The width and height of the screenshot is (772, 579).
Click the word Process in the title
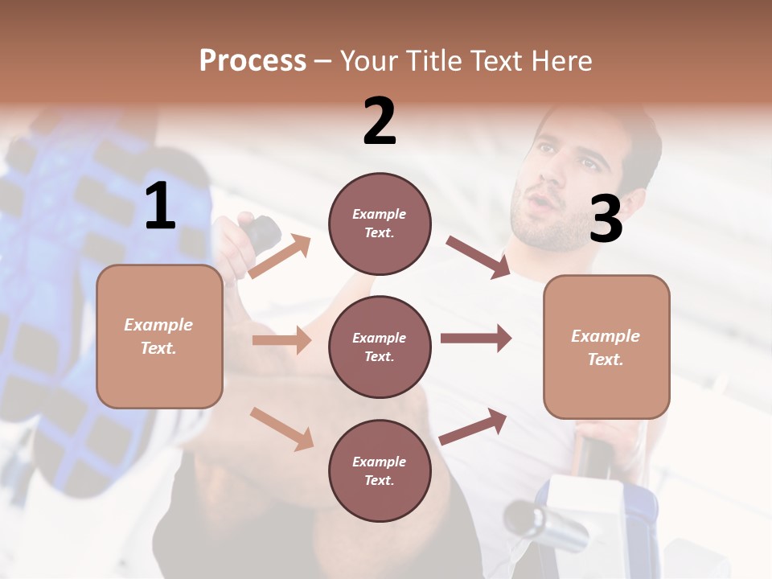click(x=253, y=60)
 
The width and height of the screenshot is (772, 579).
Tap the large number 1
click(x=160, y=207)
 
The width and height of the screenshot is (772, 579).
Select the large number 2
click(x=380, y=121)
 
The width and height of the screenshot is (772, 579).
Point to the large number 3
click(x=606, y=219)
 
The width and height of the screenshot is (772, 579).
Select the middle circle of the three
click(x=380, y=347)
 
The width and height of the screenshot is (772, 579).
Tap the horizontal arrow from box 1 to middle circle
click(x=281, y=340)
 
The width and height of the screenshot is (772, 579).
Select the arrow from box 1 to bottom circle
click(x=281, y=428)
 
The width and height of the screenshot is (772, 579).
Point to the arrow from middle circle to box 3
click(x=476, y=338)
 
